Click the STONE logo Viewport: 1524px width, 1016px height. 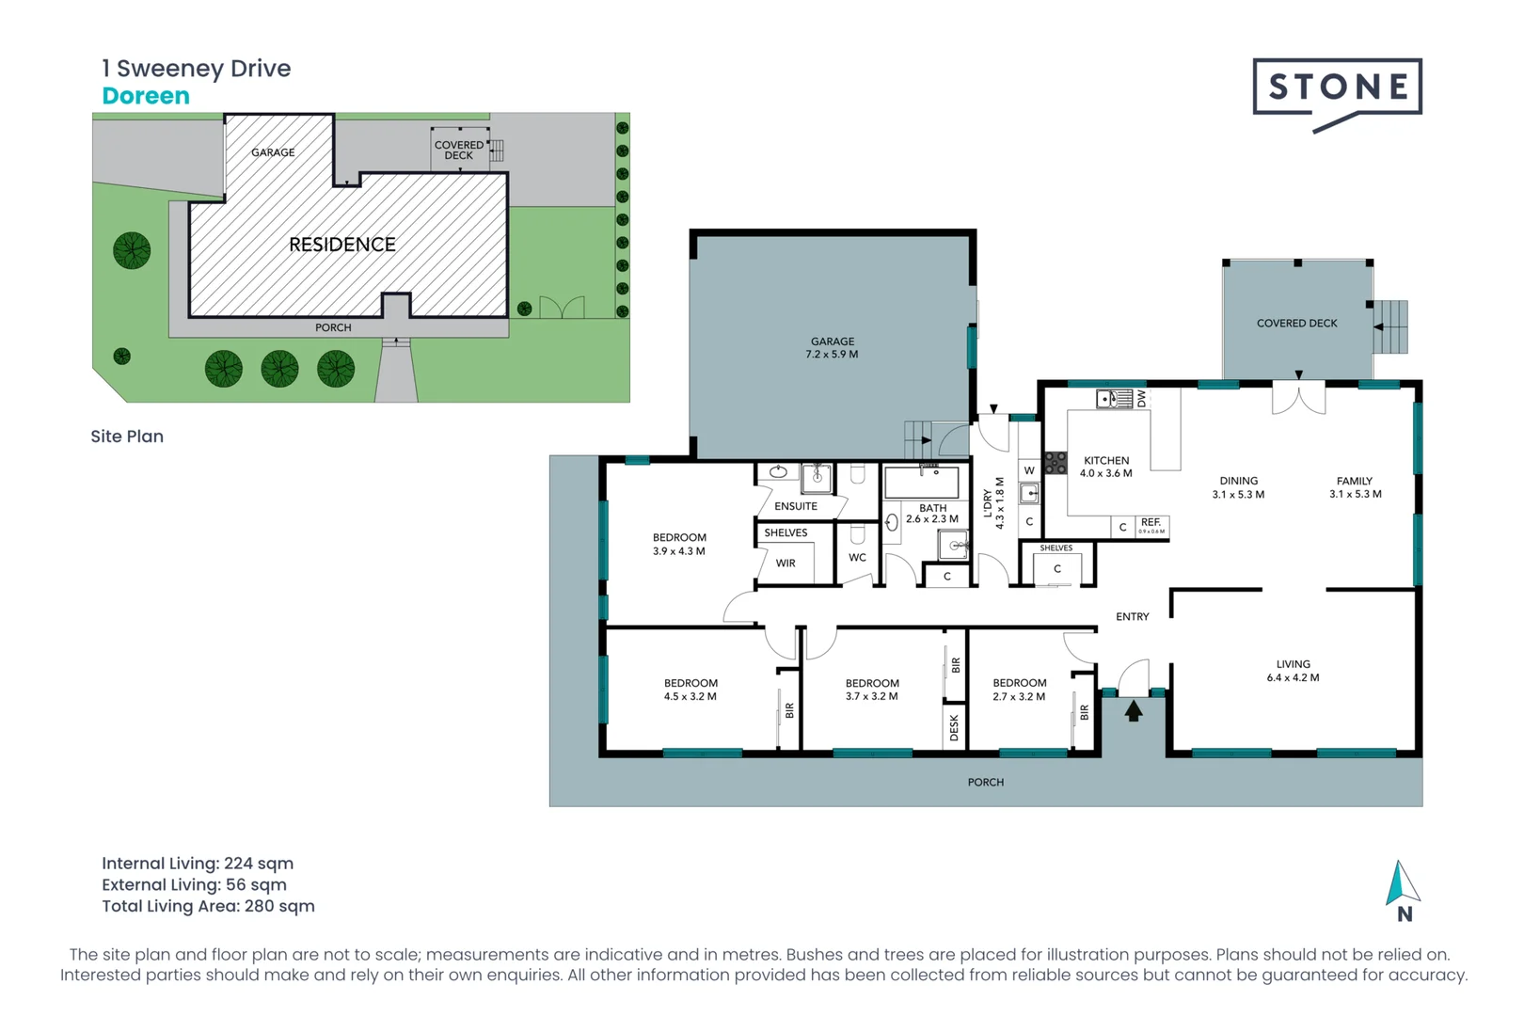coord(1337,89)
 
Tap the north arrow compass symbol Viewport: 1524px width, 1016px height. coord(1402,884)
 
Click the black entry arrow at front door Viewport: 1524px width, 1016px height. coord(1134,711)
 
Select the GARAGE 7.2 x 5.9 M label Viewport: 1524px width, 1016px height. coord(832,348)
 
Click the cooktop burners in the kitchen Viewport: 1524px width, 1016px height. coord(1056,463)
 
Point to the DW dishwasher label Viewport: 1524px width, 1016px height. coord(1141,399)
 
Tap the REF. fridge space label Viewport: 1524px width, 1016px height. coord(1151,523)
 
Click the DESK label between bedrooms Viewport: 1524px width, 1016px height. coord(954,727)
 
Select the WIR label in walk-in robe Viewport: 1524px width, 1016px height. coord(786,564)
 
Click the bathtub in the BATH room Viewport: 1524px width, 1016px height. coord(922,483)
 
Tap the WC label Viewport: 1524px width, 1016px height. coord(857,558)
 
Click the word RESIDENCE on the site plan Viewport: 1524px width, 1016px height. coord(342,245)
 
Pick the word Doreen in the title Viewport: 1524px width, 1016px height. coord(146,96)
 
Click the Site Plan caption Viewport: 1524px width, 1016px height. coord(127,437)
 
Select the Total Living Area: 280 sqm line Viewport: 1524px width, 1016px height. coord(208,906)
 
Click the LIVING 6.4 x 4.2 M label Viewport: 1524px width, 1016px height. coord(1293,671)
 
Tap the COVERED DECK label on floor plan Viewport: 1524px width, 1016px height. coord(1296,324)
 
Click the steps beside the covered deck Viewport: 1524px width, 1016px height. coord(1390,326)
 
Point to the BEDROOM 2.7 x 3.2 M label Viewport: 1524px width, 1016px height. coord(1019,690)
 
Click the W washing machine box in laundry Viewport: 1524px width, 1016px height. coord(1029,470)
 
